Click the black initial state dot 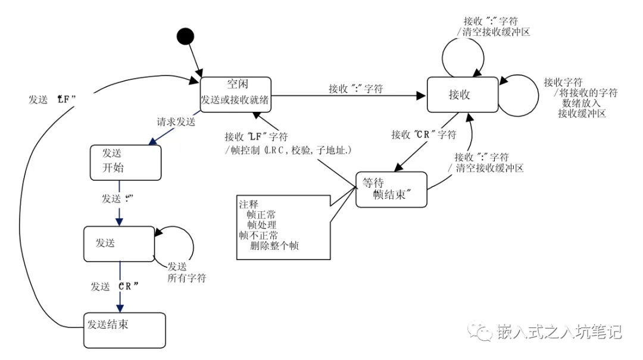[185, 37]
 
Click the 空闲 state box [235, 94]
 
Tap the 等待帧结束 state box [391, 189]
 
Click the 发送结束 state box [124, 330]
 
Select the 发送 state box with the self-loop [119, 243]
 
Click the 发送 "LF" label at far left [52, 99]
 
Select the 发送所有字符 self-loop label [186, 272]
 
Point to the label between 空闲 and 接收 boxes [355, 89]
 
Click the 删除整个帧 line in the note [274, 245]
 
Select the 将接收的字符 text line [585, 93]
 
